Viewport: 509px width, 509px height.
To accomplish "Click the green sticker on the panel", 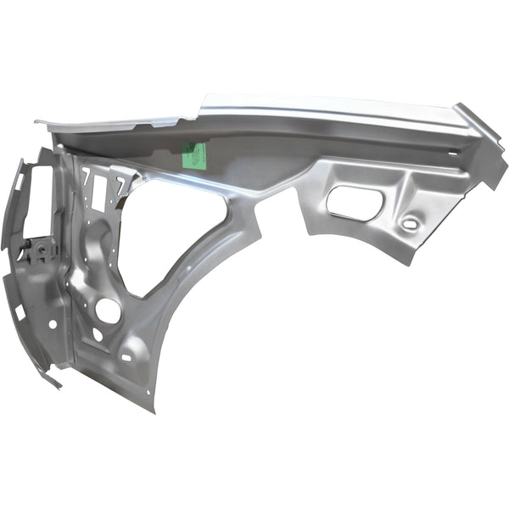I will tap(195, 154).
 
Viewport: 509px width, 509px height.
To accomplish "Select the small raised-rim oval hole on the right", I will tap(411, 224).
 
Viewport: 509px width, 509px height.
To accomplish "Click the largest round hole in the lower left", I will tap(108, 310).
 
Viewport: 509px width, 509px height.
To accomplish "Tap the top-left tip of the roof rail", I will tap(37, 122).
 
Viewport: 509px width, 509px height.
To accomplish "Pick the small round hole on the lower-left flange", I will tap(53, 324).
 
